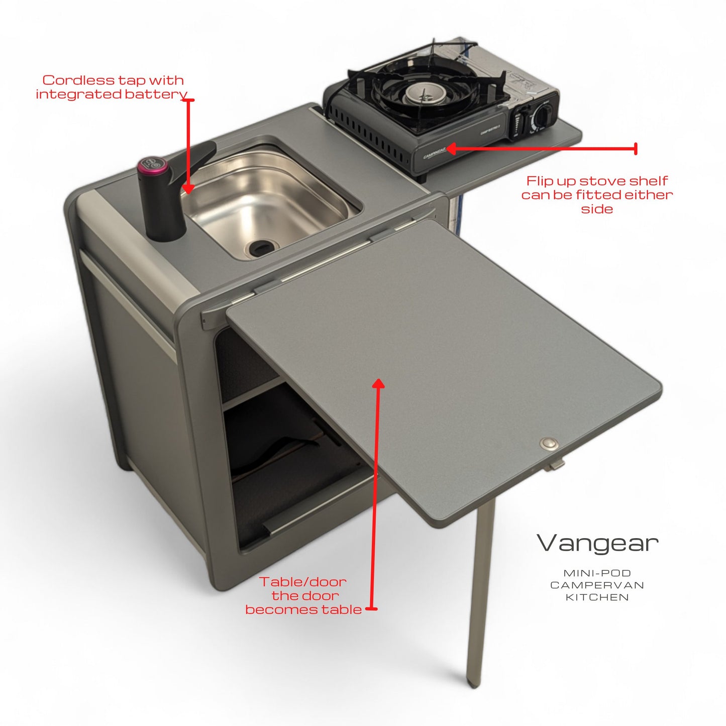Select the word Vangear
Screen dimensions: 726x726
[x=597, y=543]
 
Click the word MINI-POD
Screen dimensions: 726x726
[x=597, y=573]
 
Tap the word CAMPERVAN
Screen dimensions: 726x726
[x=597, y=585]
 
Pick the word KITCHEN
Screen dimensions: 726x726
[x=597, y=597]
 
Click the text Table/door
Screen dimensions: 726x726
[x=302, y=582]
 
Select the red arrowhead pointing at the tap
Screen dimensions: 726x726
[x=188, y=189]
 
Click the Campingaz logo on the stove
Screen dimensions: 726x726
[x=435, y=153]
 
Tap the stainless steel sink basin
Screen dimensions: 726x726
[x=266, y=203]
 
